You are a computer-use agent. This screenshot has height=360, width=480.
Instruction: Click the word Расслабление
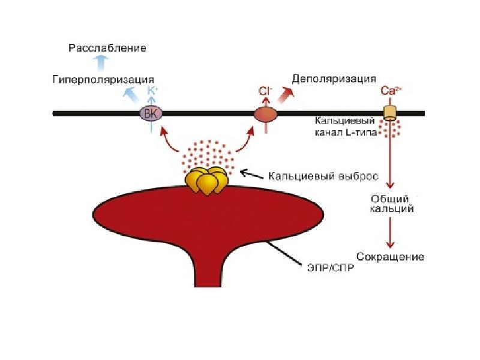click(x=107, y=49)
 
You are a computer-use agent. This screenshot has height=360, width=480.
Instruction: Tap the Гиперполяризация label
click(x=103, y=80)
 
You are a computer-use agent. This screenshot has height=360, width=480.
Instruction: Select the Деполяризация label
click(x=334, y=79)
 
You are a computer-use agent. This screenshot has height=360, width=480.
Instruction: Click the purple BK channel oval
click(x=151, y=114)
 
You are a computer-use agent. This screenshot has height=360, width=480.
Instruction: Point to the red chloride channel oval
click(x=266, y=114)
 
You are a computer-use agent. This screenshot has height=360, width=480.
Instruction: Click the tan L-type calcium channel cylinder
click(x=390, y=113)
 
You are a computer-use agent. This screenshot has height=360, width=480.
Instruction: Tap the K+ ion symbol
click(x=152, y=91)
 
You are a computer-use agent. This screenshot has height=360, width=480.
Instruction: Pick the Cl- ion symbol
click(x=265, y=91)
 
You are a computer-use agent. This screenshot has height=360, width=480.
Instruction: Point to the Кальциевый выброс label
click(x=323, y=176)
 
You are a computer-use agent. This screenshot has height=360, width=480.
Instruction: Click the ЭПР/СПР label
click(x=331, y=268)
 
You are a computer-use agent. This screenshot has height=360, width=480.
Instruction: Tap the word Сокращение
click(x=391, y=257)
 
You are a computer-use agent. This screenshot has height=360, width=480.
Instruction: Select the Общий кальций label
click(x=392, y=204)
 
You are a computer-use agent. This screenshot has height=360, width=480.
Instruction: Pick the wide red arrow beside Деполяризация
click(x=286, y=95)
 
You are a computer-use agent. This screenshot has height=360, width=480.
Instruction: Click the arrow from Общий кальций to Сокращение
click(x=390, y=233)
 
